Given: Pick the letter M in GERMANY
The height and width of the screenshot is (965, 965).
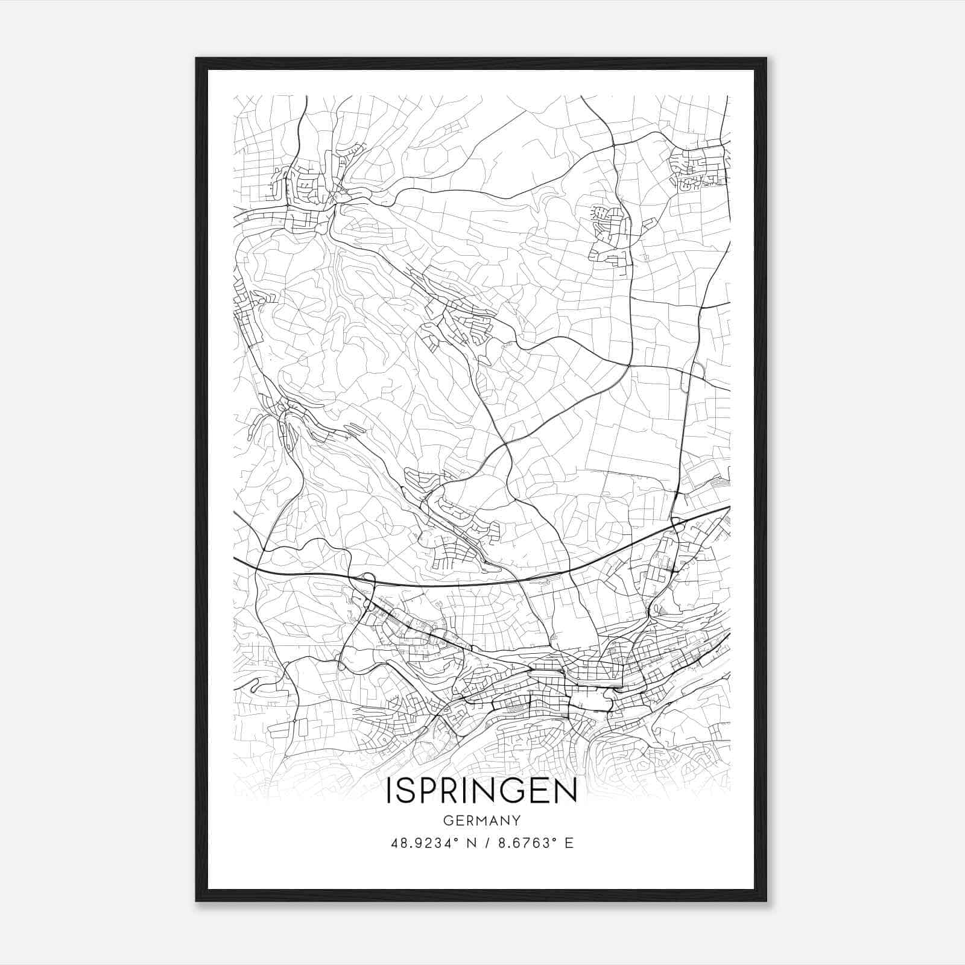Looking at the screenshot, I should tap(482, 820).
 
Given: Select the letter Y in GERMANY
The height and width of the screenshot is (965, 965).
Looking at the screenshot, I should tap(516, 820).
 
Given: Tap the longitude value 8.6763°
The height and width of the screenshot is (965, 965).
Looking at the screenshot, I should tap(524, 843).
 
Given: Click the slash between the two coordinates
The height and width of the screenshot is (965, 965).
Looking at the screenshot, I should tap(486, 843).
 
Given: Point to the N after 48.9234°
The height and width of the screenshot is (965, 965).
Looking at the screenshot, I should tap(471, 843).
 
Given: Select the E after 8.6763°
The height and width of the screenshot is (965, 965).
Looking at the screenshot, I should tap(568, 843).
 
